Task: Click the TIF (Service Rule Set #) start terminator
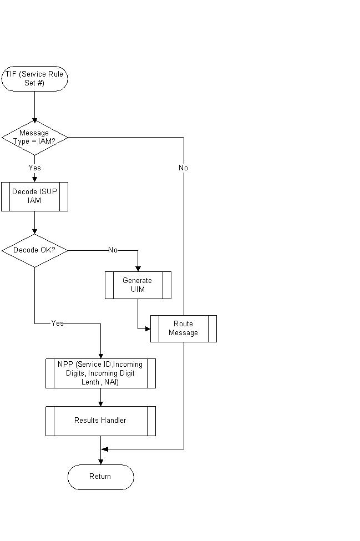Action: (34, 79)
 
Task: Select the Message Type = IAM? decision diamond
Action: (34, 137)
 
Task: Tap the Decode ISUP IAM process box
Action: (34, 196)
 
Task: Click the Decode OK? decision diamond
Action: (34, 250)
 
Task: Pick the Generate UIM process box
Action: (138, 285)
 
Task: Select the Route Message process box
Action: (183, 328)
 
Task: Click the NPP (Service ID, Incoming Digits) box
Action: (100, 373)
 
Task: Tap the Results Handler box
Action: (100, 421)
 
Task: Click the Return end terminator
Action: (100, 477)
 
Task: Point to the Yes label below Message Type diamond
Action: (34, 168)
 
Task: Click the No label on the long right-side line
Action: (183, 168)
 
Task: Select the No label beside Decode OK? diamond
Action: (113, 250)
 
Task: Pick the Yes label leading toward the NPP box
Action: (57, 323)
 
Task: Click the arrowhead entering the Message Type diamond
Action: (34, 120)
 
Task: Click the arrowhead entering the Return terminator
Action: (100, 462)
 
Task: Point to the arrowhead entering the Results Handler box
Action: (100, 403)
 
